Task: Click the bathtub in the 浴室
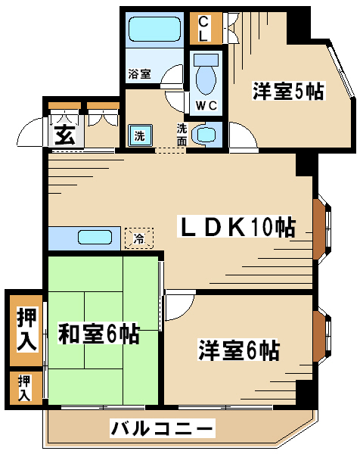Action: [154, 29]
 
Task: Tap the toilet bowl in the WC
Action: [206, 79]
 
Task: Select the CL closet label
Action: [203, 29]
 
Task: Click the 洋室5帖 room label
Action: [288, 92]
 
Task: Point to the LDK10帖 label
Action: [237, 226]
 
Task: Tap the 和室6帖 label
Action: [98, 333]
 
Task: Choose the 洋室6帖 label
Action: [239, 350]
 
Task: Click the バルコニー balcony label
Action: [163, 428]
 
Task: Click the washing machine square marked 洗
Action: [140, 135]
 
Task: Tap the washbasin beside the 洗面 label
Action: [206, 135]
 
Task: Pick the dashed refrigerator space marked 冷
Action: [139, 238]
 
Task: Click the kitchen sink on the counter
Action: [95, 238]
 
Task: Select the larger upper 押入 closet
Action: [26, 331]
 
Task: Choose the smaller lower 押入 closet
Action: [26, 388]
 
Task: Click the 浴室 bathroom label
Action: [139, 73]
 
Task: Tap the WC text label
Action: [206, 105]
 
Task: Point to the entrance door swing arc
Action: [25, 127]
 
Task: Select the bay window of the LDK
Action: [321, 230]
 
